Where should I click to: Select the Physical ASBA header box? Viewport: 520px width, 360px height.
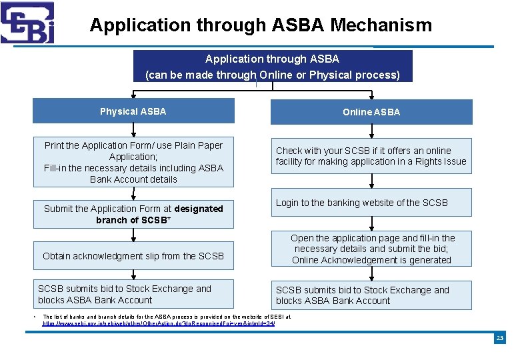click(133, 111)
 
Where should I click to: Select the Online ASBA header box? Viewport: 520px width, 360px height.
click(371, 112)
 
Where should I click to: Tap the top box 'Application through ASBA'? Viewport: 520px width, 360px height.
click(272, 66)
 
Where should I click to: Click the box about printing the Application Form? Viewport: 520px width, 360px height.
click(133, 162)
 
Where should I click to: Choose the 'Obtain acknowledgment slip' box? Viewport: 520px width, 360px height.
click(133, 256)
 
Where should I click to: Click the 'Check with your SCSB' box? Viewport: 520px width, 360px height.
click(371, 156)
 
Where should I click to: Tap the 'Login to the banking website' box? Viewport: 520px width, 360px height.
click(371, 203)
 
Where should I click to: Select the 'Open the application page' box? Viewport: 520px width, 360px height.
click(371, 249)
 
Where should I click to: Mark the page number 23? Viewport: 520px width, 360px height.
click(499, 339)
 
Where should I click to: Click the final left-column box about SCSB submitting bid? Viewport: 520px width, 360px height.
click(133, 294)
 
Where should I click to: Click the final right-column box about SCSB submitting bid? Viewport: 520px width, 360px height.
click(371, 295)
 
